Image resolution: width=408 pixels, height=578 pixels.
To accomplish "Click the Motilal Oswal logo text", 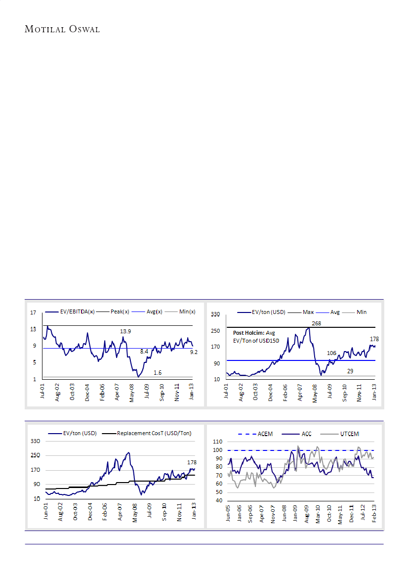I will point(62,29).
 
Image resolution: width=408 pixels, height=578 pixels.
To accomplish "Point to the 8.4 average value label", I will point(144,351).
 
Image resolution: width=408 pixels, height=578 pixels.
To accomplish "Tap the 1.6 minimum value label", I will point(158,372).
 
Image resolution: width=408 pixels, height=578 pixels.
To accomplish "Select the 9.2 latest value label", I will point(194,352).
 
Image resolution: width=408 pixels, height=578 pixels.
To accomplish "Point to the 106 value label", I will point(332,353).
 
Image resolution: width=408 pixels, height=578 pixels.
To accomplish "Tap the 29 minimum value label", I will point(350,370).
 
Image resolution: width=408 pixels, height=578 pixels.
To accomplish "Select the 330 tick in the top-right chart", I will point(215,314).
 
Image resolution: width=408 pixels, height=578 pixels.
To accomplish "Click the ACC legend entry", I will point(306,434).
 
